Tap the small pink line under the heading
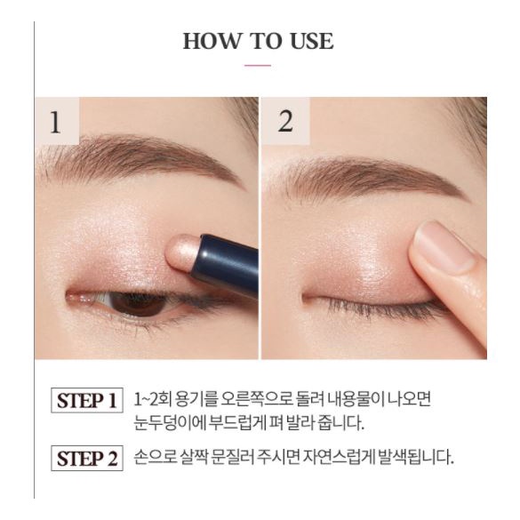258,66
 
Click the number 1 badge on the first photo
56,122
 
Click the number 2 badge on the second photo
284,122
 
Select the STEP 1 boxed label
86,400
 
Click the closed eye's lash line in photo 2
373,302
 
